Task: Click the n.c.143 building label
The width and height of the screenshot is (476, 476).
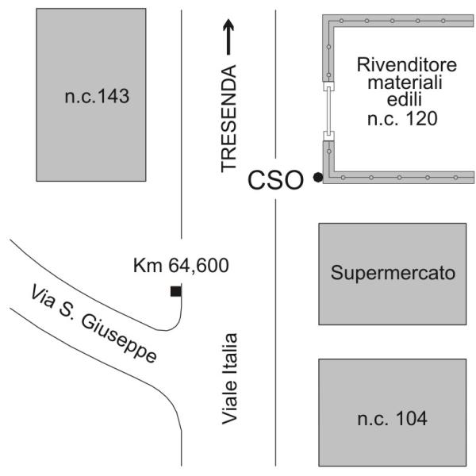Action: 97,97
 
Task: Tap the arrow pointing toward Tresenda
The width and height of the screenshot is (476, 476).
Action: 228,37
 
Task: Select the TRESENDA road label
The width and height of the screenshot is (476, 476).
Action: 228,118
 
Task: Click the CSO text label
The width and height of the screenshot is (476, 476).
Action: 275,180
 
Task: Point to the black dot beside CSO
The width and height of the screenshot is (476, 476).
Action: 318,177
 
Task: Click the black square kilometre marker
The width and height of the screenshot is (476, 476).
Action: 176,291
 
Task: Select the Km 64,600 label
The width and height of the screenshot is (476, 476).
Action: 181,265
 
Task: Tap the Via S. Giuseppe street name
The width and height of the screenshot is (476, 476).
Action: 94,323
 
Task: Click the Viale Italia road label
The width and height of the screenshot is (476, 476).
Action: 229,378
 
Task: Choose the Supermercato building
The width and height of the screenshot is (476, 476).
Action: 392,274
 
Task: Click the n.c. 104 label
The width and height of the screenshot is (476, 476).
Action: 393,418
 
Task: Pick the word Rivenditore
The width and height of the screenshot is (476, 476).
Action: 407,65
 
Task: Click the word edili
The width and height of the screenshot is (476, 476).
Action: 405,99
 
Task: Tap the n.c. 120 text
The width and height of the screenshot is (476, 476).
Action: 402,118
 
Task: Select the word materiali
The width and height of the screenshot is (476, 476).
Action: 405,82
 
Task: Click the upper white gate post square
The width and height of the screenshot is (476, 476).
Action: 328,86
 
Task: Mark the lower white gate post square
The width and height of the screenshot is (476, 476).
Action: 328,136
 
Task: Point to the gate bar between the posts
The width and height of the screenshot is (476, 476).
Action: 328,111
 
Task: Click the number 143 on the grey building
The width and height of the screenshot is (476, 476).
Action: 113,97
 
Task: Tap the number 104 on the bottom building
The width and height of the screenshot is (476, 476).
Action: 412,418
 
